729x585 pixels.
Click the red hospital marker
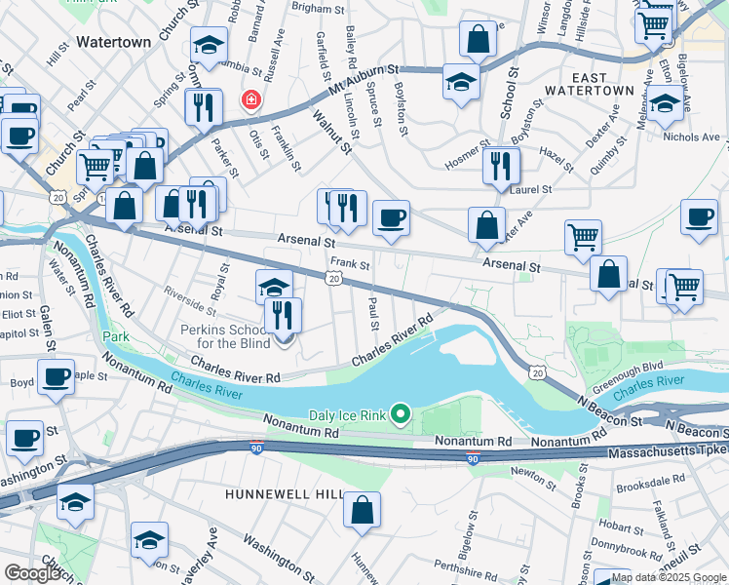click(x=250, y=100)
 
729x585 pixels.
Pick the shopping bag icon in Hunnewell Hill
click(x=362, y=509)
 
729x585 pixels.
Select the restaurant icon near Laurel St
click(x=500, y=165)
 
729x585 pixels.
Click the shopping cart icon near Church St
click(x=95, y=166)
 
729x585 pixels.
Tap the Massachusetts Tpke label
click(x=667, y=454)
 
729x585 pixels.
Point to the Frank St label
click(x=350, y=263)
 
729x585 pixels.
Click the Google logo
click(x=32, y=573)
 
